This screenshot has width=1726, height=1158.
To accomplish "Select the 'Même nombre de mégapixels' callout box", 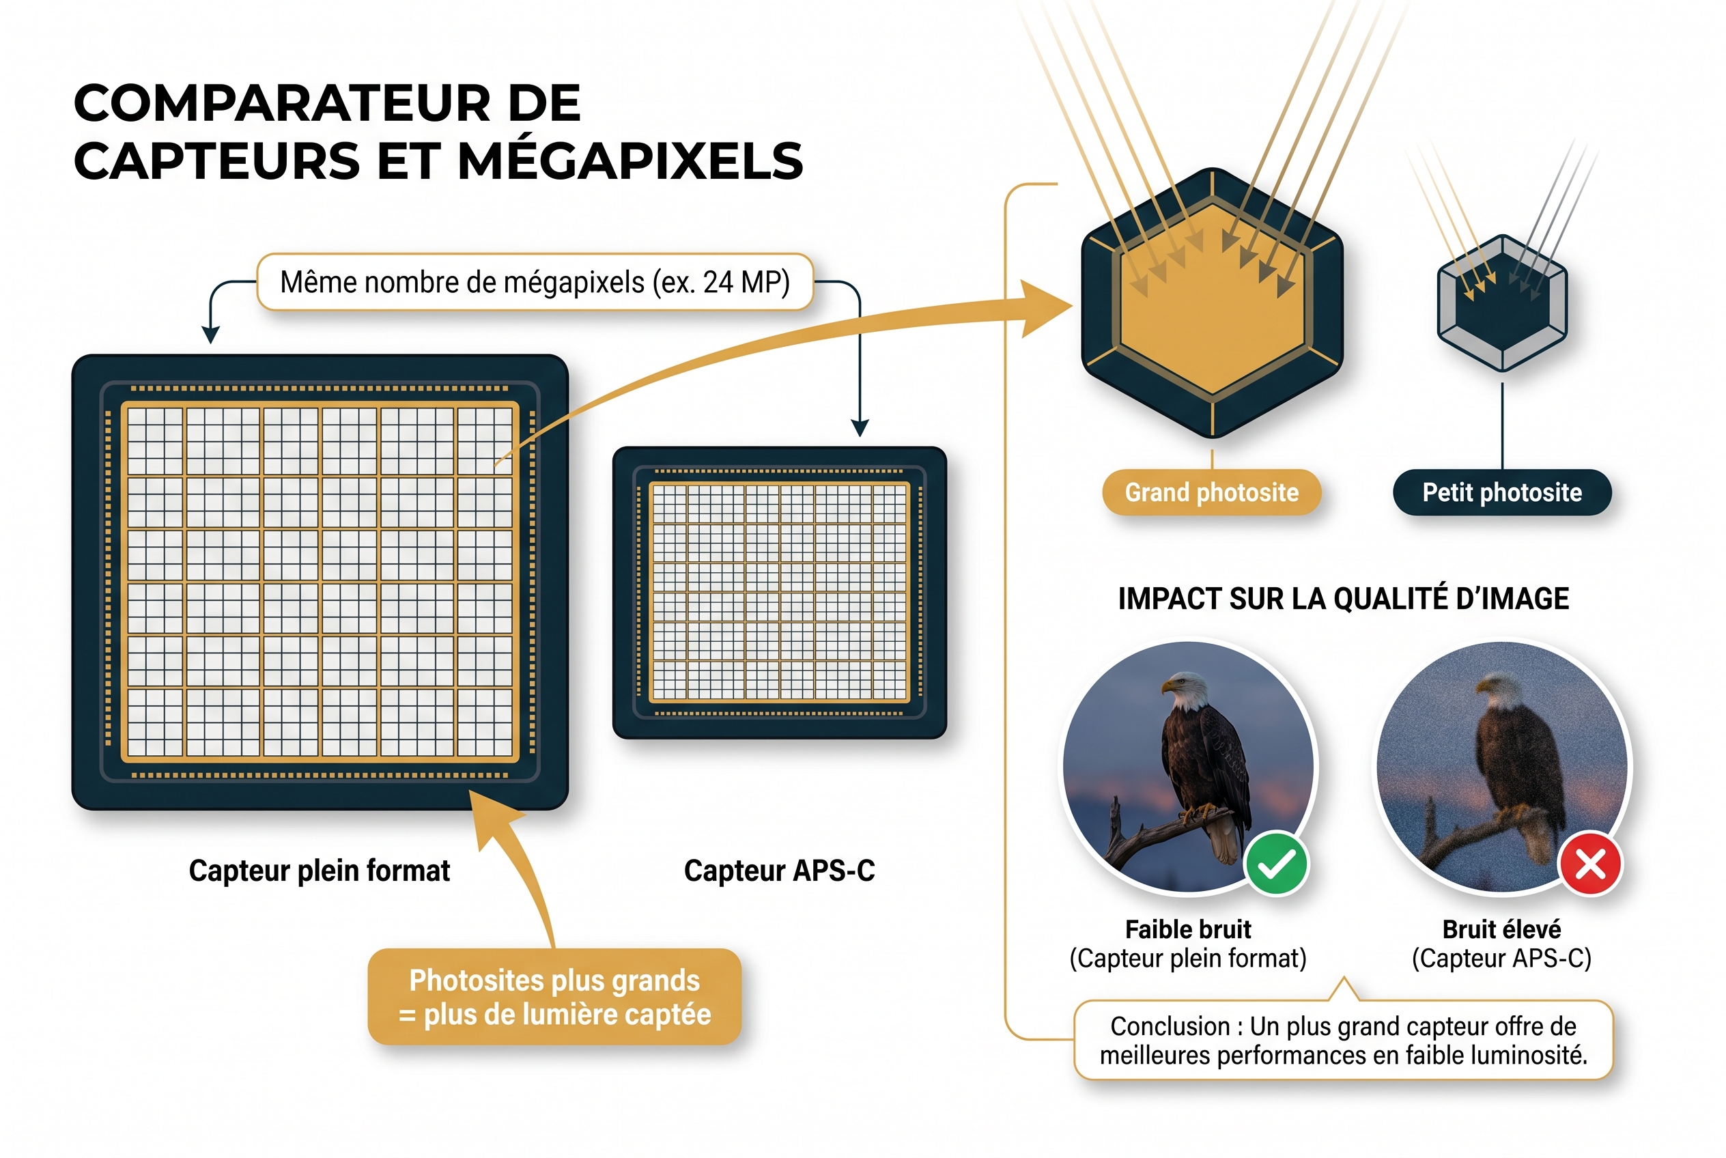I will [535, 282].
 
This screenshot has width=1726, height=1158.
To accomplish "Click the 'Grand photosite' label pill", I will [1211, 492].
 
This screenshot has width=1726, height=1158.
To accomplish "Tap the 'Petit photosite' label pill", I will [1501, 492].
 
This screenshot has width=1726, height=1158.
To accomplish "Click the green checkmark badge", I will [1275, 863].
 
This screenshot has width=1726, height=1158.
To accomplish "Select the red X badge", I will [1590, 863].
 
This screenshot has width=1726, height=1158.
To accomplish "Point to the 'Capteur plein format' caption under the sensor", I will [319, 871].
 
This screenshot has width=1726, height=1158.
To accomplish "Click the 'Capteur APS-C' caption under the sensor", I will [779, 871].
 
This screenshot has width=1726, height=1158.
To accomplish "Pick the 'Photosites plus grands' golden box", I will [554, 997].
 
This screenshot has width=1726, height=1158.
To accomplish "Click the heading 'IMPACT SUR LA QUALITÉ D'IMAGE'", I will [1343, 599].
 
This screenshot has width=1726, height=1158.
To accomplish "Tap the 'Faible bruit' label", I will [1187, 929].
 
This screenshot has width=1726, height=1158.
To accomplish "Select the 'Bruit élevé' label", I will [1501, 929].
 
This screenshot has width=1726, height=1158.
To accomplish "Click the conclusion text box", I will [1343, 1041].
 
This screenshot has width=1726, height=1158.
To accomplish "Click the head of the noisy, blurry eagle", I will [1497, 691].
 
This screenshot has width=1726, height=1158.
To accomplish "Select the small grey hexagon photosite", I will [1501, 302].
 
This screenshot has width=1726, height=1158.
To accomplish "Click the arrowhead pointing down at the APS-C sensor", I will [860, 427].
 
